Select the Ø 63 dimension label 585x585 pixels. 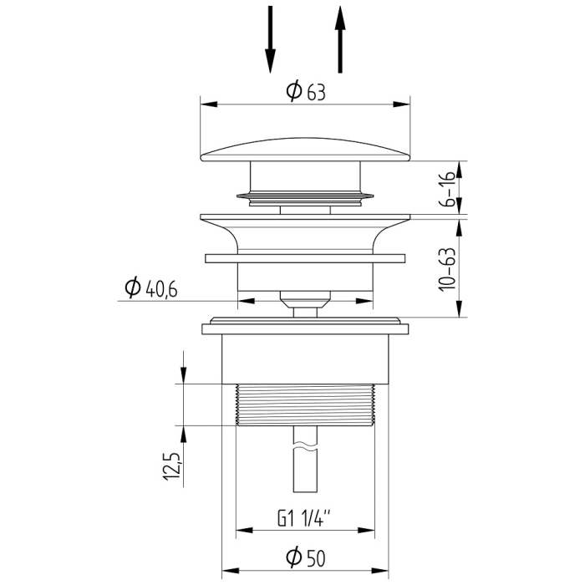tap(305, 92)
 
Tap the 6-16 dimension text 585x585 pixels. tap(449, 190)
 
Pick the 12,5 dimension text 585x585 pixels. tap(171, 465)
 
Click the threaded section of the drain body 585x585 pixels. tap(305, 404)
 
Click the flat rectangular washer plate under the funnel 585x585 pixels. tap(305, 258)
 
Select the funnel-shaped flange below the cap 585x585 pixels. tap(305, 230)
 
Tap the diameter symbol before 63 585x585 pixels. tap(293, 92)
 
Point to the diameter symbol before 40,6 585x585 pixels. tap(132, 288)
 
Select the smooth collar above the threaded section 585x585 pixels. tap(305, 359)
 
